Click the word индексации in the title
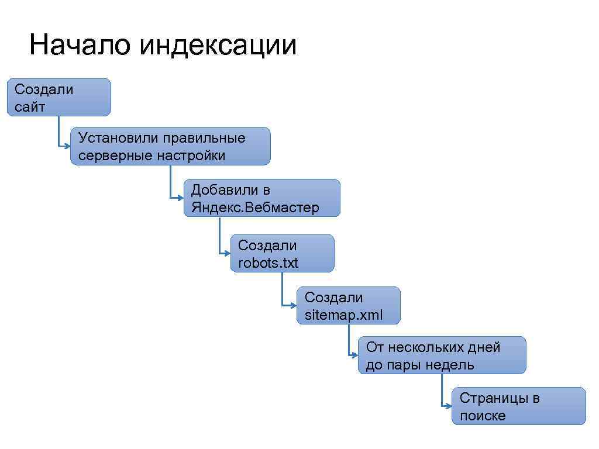click(218, 45)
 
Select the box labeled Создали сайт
click(58, 97)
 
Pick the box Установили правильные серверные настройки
click(170, 146)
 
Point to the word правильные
click(204, 139)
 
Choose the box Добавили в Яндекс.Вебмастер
click(261, 198)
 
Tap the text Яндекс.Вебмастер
click(255, 208)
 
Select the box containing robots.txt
click(283, 254)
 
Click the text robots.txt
click(268, 263)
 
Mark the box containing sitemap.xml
click(349, 305)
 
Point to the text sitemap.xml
click(344, 315)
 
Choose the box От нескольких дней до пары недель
click(442, 355)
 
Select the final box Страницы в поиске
click(518, 406)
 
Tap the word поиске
click(483, 416)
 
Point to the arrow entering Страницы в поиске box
click(446, 405)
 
